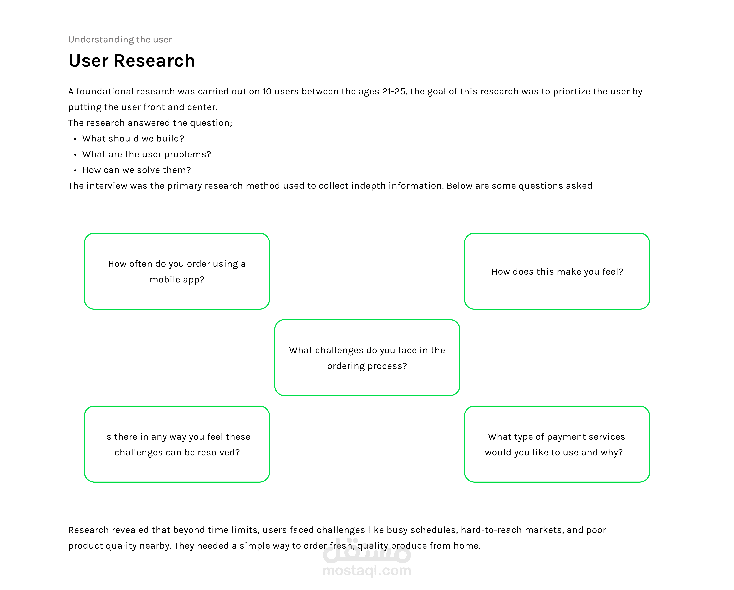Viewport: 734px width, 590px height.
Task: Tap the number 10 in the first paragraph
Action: coord(267,92)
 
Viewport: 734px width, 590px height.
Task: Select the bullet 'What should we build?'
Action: coord(133,138)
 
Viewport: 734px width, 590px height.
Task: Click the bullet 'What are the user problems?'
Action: coord(147,154)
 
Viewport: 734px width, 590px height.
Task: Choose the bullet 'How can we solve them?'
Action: coord(137,170)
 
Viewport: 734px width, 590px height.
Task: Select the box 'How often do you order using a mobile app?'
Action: coord(177,271)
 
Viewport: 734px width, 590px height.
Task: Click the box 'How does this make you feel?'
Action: coord(557,271)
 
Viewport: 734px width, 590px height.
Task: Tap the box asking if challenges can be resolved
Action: coord(177,444)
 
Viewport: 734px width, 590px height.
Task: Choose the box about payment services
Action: coord(557,444)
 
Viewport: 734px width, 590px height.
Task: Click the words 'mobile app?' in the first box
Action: coord(177,280)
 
